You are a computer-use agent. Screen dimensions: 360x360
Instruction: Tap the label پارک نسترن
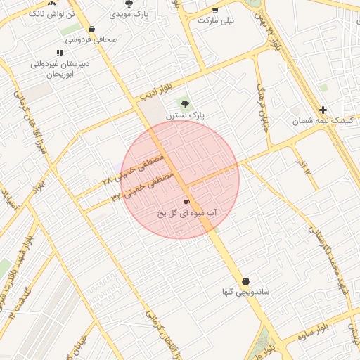[185, 115]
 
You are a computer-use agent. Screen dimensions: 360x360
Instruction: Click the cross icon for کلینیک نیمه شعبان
[323, 110]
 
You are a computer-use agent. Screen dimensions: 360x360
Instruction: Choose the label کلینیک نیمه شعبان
[324, 121]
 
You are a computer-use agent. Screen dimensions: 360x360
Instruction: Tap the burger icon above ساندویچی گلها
[245, 280]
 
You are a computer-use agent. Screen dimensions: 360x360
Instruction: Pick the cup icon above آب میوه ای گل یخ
[186, 202]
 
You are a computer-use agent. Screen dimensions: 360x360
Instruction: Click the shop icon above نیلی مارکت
[214, 10]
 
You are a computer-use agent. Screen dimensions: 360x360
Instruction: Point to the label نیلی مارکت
[214, 20]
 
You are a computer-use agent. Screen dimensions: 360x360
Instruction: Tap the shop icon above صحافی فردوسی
[92, 29]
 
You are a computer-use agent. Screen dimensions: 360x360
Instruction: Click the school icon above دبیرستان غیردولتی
[60, 52]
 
